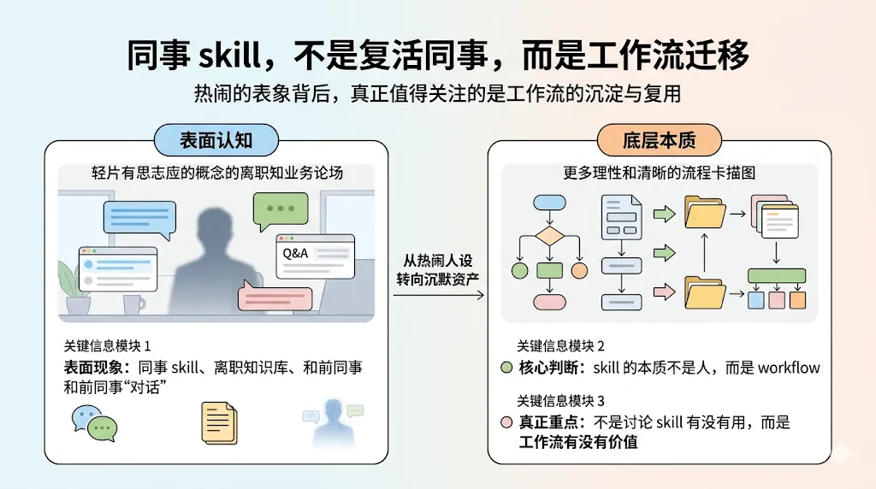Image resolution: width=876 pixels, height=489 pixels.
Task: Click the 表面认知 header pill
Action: tap(215, 139)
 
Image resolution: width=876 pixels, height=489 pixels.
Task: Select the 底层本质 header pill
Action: tap(659, 139)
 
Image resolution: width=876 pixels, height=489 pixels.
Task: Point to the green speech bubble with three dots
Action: tap(280, 209)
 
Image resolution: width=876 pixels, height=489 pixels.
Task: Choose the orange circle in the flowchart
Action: tap(580, 271)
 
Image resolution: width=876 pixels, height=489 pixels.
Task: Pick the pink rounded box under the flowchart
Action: tap(548, 302)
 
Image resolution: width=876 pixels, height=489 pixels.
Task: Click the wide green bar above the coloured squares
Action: tap(776, 276)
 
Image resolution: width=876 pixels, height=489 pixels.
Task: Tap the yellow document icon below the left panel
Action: tap(218, 421)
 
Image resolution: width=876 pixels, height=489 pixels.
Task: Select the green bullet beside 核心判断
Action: tap(506, 368)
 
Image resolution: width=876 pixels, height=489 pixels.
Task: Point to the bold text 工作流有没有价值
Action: tap(578, 443)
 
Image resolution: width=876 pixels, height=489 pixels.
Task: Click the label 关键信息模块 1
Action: tap(107, 346)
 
